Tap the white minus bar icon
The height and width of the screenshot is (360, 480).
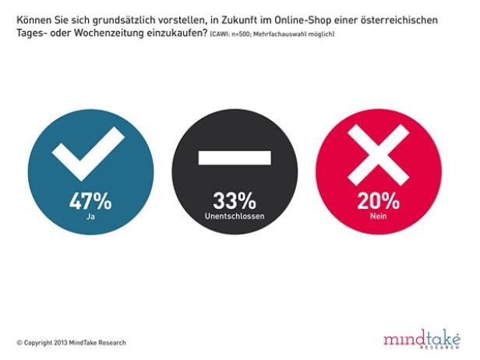click(234, 157)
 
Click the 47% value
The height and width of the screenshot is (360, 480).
click(90, 200)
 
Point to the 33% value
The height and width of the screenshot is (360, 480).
click(234, 200)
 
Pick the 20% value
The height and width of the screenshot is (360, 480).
click(377, 200)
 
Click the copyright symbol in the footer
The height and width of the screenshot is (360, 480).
click(19, 343)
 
